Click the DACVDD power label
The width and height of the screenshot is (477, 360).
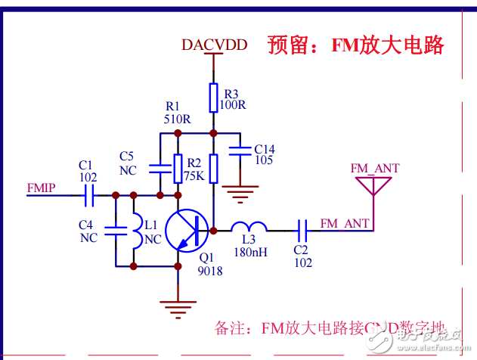click(214, 45)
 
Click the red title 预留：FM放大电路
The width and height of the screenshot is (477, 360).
click(355, 45)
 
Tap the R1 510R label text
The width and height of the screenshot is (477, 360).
click(177, 113)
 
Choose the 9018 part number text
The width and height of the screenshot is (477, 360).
click(211, 271)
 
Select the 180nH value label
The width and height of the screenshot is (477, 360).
click(250, 252)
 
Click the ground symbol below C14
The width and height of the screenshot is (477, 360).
click(240, 196)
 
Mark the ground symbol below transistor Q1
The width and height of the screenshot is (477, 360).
click(178, 306)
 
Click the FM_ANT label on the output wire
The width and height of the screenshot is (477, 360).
click(345, 223)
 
